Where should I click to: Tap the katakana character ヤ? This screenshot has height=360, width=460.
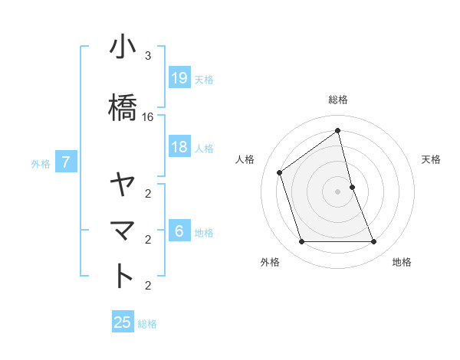tap(123, 185)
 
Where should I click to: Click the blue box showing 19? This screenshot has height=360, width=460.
tap(179, 78)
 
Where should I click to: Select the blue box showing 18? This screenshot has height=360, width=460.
tap(179, 147)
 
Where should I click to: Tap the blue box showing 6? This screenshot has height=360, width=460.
tap(179, 231)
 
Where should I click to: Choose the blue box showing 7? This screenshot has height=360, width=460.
tap(66, 162)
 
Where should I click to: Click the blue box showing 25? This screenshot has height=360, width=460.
tap(123, 322)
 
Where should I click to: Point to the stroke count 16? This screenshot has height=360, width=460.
tap(148, 117)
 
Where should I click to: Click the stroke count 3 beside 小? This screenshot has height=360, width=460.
tap(148, 56)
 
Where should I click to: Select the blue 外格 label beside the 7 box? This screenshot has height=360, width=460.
tap(41, 163)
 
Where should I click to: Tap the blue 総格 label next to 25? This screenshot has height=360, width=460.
tap(147, 324)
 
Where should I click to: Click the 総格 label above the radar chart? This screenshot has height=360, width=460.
tap(338, 100)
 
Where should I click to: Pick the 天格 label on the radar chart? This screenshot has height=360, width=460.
tap(432, 159)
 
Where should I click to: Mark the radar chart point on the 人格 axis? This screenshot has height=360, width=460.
tap(280, 172)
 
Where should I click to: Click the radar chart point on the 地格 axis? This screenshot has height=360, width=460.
tap(374, 242)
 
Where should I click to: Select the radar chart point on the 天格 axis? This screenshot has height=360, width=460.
tap(352, 187)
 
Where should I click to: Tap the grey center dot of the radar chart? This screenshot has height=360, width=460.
tap(338, 191)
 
